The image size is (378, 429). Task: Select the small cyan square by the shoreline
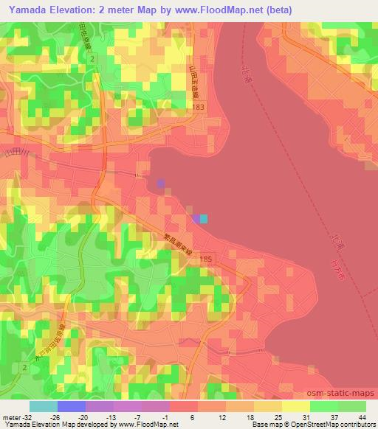(x=205, y=218)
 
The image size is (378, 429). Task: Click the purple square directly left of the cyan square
(x=196, y=218)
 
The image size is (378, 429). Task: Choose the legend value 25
(x=279, y=419)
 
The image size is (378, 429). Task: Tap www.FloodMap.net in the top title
(x=225, y=10)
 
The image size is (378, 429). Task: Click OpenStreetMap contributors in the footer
(x=334, y=425)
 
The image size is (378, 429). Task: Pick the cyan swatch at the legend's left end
(x=43, y=406)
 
